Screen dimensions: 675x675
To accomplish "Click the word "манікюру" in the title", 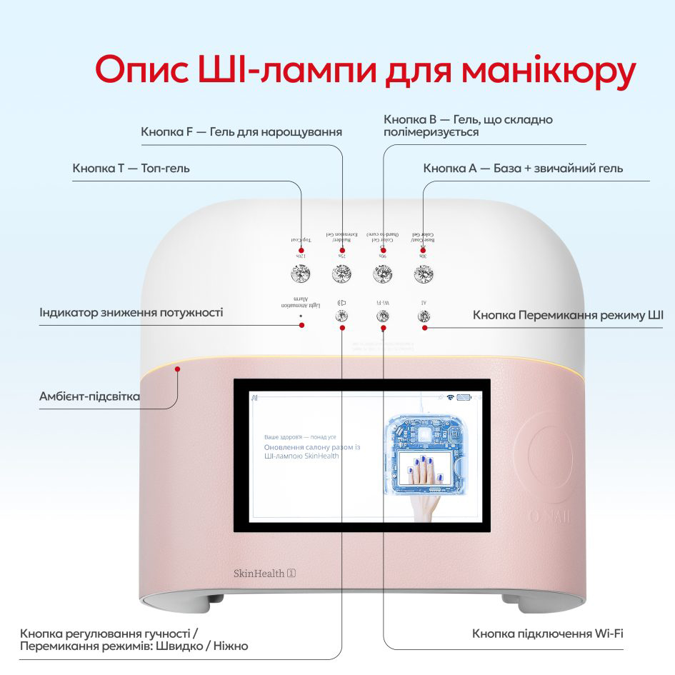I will pyautogui.click(x=549, y=72).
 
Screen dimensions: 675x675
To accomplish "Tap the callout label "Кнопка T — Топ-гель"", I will pyautogui.click(x=131, y=169).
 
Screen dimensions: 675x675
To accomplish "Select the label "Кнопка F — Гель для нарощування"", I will pyautogui.click(x=241, y=132).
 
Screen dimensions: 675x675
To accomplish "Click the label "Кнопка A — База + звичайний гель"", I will pyautogui.click(x=523, y=169).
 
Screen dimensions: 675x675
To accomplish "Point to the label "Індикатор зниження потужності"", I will pyautogui.click(x=131, y=313).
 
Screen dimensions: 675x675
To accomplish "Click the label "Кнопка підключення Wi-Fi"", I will pyautogui.click(x=549, y=634).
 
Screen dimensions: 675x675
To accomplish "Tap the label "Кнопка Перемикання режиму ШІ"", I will pyautogui.click(x=568, y=315).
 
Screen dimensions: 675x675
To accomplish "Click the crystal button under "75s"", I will pyautogui.click(x=341, y=273).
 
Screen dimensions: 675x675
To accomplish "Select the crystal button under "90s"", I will pyautogui.click(x=383, y=273).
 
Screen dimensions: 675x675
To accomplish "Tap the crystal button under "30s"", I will pyautogui.click(x=424, y=273).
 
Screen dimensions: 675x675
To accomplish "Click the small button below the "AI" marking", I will pyautogui.click(x=424, y=315).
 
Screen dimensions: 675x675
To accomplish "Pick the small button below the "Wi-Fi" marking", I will pyautogui.click(x=383, y=315).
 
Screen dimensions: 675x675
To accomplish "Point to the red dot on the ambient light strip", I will pyautogui.click(x=179, y=369).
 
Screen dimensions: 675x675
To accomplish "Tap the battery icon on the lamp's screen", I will pyautogui.click(x=465, y=396).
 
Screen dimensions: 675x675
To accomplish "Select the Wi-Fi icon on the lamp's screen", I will pyautogui.click(x=450, y=396).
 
